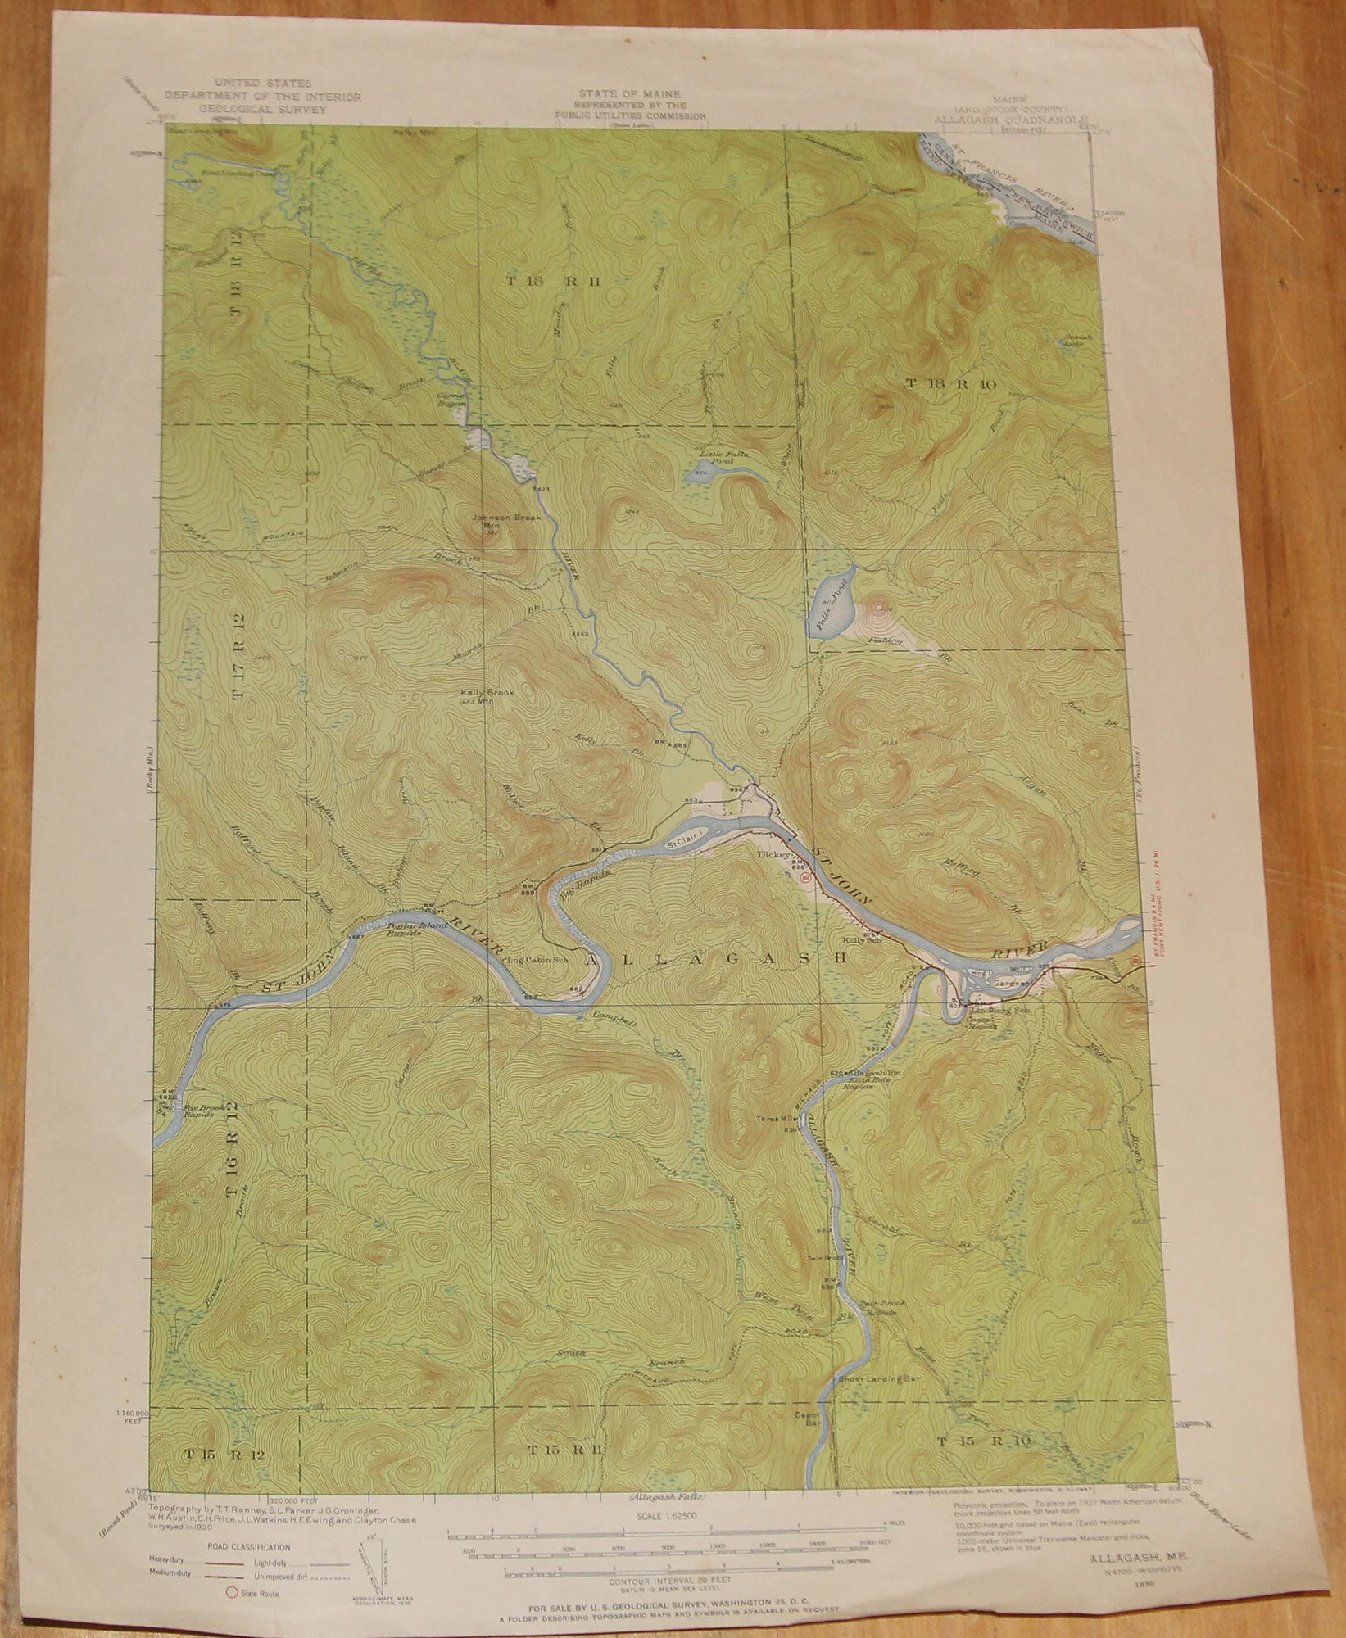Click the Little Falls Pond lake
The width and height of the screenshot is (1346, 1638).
click(x=701, y=469)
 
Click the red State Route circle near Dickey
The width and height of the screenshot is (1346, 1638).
click(x=804, y=876)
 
